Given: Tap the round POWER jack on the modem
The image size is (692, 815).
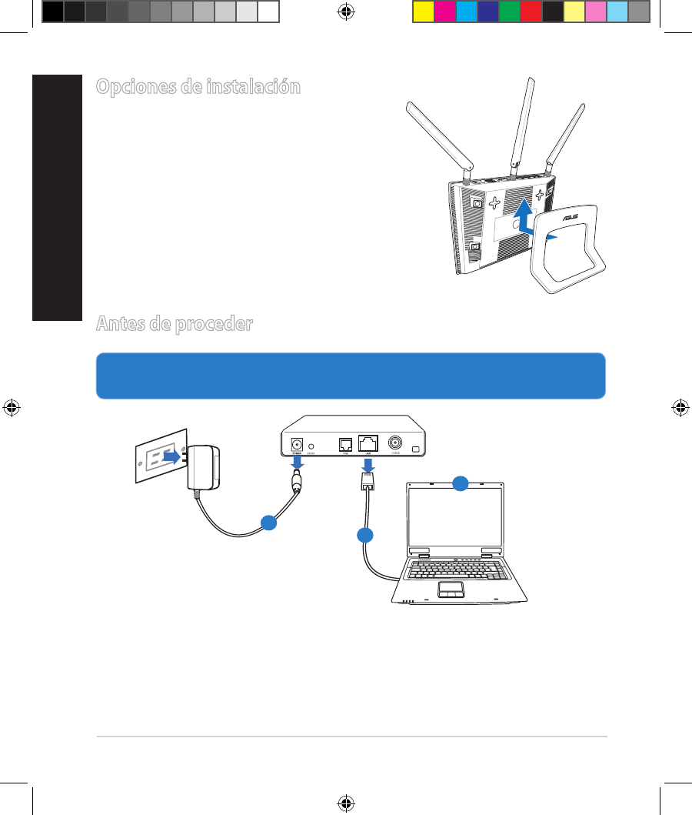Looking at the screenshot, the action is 296,444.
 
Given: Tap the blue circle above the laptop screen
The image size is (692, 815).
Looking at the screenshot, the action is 460,483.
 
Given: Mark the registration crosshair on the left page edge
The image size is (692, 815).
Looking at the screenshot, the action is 11,407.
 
